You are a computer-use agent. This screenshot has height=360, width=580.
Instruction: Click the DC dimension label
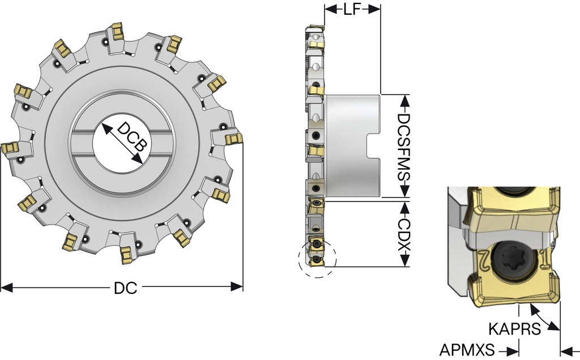[x=125, y=288]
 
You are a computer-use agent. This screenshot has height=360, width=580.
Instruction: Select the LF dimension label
[x=352, y=10]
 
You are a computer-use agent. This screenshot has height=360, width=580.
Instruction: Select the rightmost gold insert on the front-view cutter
[x=233, y=138]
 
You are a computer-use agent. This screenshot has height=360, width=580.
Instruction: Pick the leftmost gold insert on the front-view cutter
[x=10, y=149]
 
